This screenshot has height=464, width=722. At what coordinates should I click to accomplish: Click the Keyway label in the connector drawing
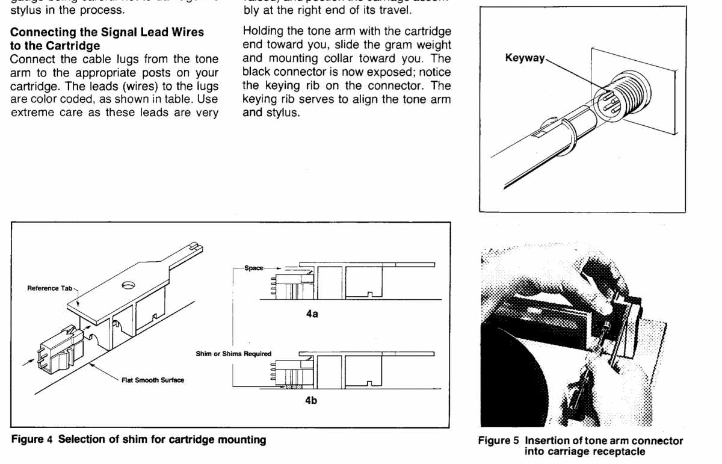coord(525,58)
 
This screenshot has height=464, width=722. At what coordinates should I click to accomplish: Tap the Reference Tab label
coord(50,288)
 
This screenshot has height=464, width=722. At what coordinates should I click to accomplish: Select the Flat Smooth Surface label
coord(153,380)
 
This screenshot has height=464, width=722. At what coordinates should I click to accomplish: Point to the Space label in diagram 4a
coord(254,268)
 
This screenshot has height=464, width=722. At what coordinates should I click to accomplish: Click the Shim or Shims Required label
coord(233,354)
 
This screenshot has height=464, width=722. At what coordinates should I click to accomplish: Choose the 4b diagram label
coord(311,401)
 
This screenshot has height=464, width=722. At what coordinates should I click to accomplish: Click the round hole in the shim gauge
coord(128,285)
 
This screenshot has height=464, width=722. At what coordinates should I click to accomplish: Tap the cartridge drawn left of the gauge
coord(57,348)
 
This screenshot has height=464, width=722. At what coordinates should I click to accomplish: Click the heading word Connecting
coord(40,32)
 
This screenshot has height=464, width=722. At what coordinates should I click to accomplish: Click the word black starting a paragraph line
coord(257,72)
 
